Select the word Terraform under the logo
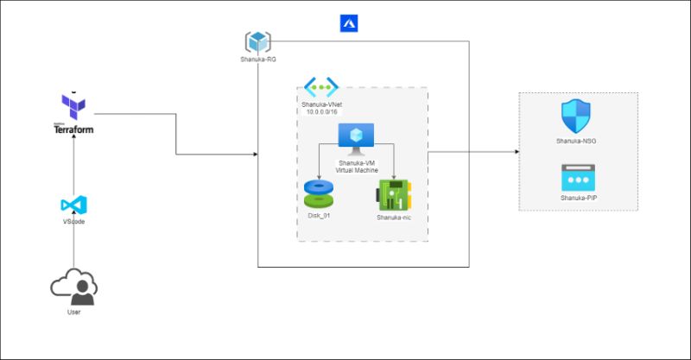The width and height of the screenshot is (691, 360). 73,130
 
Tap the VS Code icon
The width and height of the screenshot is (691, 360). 73,205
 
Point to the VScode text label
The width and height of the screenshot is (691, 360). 73,222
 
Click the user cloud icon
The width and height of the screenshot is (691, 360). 73,286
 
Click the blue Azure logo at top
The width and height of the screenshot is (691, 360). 349,23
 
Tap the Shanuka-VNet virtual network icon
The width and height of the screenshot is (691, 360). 320,88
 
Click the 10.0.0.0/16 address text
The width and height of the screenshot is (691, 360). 320,111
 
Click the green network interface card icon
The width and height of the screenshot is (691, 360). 394,195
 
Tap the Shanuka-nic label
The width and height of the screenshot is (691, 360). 394,218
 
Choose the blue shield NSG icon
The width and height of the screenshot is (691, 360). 575,115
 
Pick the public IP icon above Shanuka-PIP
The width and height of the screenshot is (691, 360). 575,178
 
